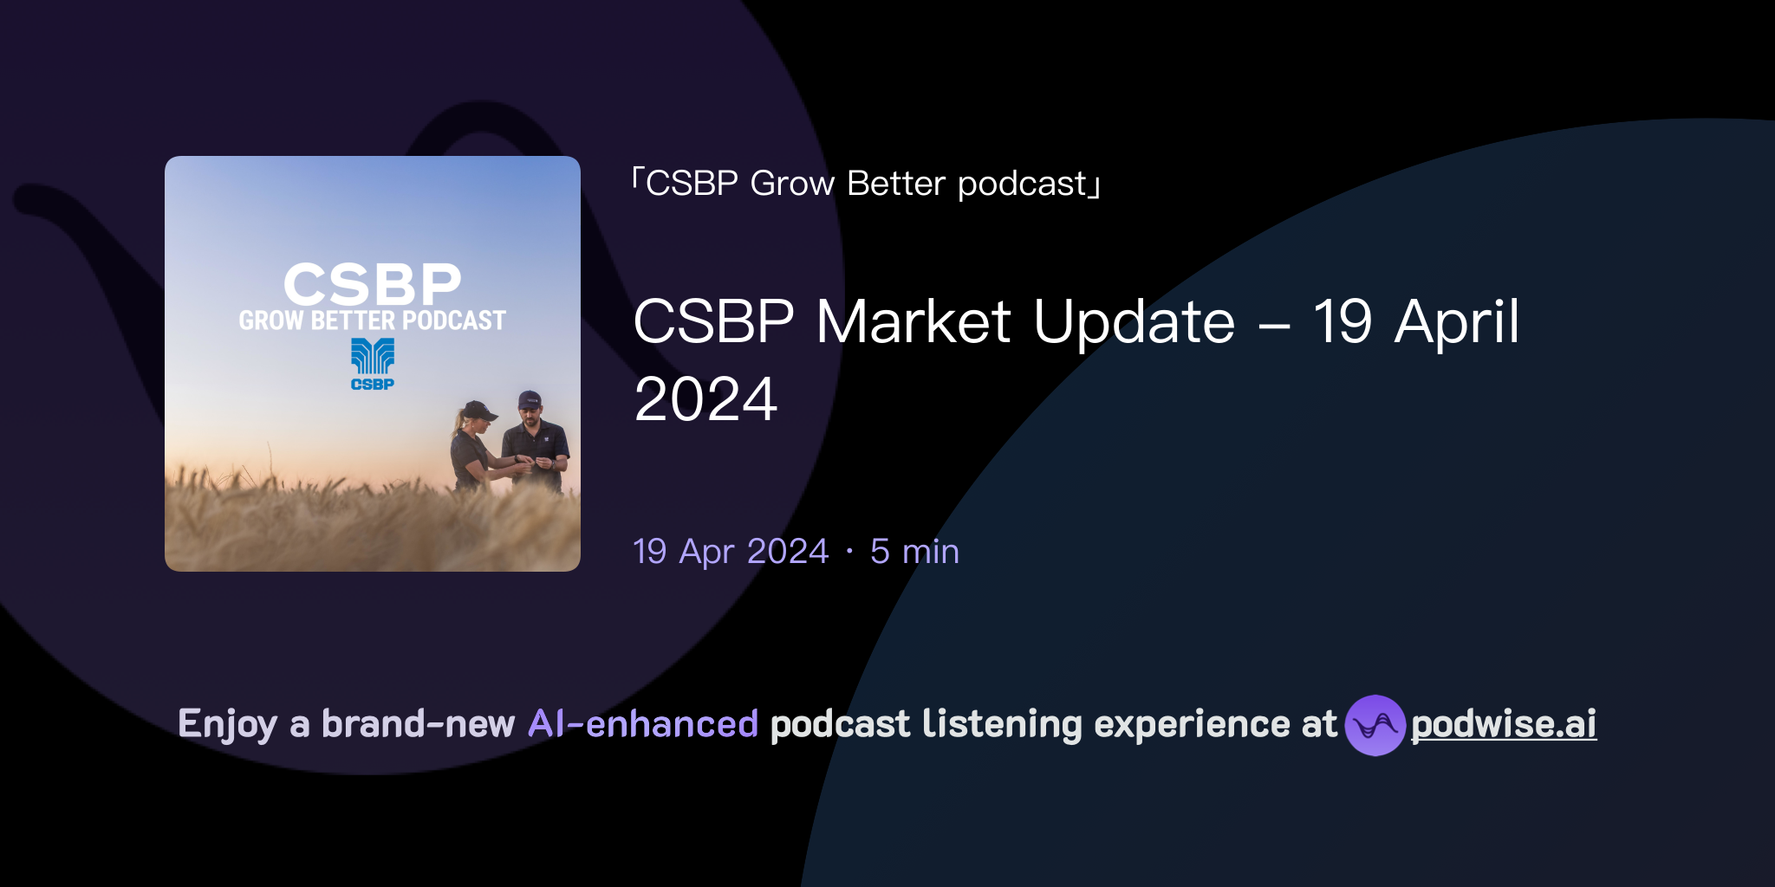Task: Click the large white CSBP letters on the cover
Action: coord(372,283)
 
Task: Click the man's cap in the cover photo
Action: coord(530,400)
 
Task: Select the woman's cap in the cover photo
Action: coord(478,410)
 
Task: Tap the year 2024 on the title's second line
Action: coord(705,400)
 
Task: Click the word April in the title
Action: coord(1457,322)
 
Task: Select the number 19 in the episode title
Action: coord(1342,322)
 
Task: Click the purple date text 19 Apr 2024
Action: coord(731,552)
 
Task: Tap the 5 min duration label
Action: coord(914,552)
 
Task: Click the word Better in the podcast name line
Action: coord(896,184)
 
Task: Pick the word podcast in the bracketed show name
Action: coord(1022,184)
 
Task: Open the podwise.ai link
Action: coord(1503,724)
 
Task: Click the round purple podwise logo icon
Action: coord(1375,725)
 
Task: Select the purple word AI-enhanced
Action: coord(643,724)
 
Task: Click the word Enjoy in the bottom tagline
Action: coord(227,724)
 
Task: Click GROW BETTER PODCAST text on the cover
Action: coord(372,320)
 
